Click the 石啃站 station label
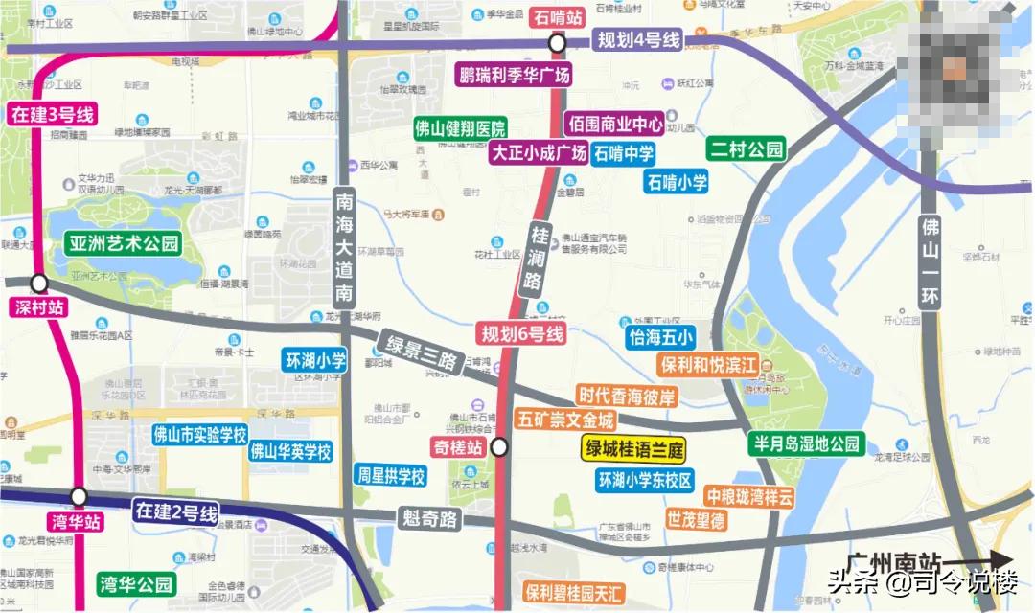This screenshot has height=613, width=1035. pyautogui.click(x=557, y=16)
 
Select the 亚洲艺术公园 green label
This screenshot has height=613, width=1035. pyautogui.click(x=124, y=242)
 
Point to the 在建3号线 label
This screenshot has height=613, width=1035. pyautogui.click(x=53, y=116)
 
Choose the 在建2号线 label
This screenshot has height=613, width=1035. pyautogui.click(x=175, y=512)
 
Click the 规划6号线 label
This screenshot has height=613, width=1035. pyautogui.click(x=522, y=333)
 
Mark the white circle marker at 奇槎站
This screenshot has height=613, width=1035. pyautogui.click(x=499, y=447)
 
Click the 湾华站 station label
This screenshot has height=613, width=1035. pyautogui.click(x=73, y=523)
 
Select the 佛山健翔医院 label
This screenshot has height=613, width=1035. pyautogui.click(x=460, y=128)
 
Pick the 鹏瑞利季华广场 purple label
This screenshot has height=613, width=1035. pyautogui.click(x=514, y=75)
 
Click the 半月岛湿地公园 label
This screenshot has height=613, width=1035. pyautogui.click(x=806, y=443)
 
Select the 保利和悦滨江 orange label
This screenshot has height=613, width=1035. pyautogui.click(x=710, y=365)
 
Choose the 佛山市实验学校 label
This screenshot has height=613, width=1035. pyautogui.click(x=199, y=433)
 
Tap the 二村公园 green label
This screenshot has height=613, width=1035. pyautogui.click(x=747, y=148)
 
